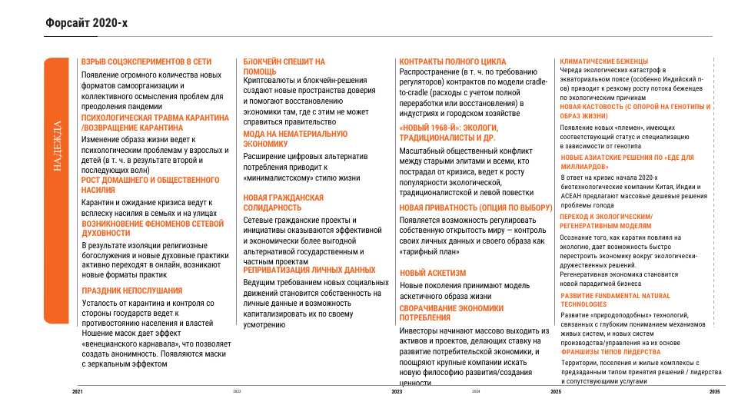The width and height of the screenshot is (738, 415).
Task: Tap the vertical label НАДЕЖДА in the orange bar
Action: pos(57,147)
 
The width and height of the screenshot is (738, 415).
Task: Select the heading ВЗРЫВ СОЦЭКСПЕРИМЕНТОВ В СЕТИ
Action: pos(146,61)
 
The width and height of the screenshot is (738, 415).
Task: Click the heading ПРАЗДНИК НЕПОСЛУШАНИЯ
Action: pos(131,290)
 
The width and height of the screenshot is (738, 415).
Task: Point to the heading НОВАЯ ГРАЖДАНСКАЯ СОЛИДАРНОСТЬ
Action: pos(283,203)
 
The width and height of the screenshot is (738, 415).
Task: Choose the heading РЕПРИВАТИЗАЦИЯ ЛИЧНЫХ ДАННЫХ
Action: pos(309,271)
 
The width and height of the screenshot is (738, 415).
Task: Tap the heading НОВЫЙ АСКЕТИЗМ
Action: pos(433,273)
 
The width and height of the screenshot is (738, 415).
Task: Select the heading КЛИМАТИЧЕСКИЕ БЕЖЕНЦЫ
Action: pos(603,61)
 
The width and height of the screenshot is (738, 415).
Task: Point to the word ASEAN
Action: pos(571,196)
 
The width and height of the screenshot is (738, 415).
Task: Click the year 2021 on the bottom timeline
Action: pos(78,392)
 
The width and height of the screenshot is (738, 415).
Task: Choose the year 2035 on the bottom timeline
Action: pos(714,392)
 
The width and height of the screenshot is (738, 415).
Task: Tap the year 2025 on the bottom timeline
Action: pos(556,392)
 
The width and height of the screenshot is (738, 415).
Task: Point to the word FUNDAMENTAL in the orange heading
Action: pos(621,295)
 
